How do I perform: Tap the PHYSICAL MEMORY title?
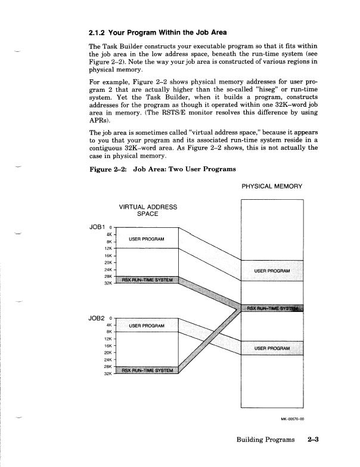(272, 186)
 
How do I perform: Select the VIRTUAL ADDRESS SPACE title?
(148, 211)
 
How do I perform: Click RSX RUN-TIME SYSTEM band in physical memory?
(272, 308)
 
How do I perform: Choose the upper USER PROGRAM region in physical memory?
(272, 271)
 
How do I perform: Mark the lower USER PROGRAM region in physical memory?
(272, 348)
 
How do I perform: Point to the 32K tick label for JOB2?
(107, 374)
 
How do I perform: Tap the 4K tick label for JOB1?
(109, 234)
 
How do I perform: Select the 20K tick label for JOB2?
(107, 352)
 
